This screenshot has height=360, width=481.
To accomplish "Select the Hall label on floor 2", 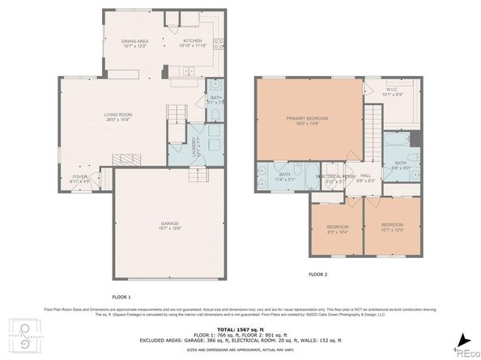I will click(365, 178).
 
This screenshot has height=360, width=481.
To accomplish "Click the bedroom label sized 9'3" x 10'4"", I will click(338, 227).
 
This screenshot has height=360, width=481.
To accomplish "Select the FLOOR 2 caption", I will click(317, 275).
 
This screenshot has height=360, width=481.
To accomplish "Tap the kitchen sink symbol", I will click(219, 44).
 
